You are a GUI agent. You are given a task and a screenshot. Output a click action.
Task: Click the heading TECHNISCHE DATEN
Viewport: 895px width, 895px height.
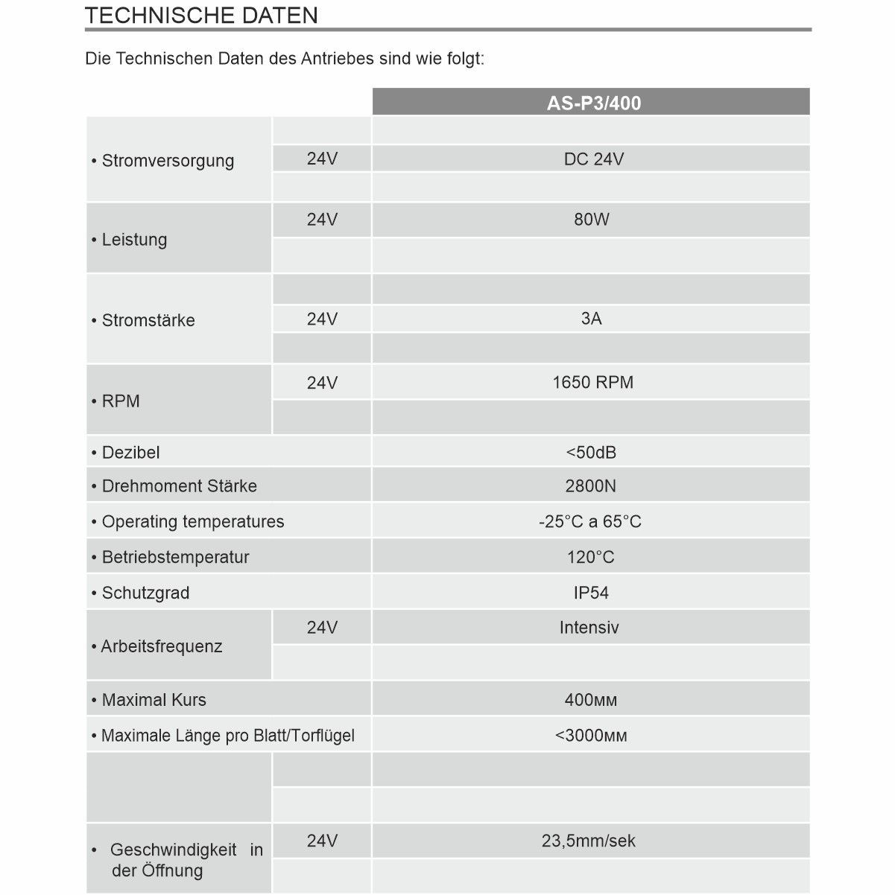click(201, 16)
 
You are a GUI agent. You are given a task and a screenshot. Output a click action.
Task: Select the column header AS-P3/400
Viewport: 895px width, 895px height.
click(593, 103)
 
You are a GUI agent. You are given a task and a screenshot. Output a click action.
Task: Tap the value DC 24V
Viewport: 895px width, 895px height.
click(593, 159)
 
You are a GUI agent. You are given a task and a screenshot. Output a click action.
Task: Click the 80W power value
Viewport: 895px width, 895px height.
click(592, 220)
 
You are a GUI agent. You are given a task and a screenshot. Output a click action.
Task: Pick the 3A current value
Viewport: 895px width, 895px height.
click(591, 319)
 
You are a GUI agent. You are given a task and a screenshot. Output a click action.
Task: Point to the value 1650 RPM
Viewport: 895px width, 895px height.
click(592, 383)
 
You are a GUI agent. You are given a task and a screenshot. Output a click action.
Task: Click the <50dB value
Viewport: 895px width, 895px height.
click(591, 453)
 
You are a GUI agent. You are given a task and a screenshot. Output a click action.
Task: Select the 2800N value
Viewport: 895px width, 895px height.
click(590, 486)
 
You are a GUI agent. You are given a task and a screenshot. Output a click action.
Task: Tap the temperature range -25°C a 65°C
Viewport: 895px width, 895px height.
click(589, 522)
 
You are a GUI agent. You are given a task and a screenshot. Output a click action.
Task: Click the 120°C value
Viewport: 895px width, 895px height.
click(590, 558)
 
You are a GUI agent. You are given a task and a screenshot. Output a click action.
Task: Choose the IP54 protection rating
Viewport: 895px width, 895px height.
click(591, 593)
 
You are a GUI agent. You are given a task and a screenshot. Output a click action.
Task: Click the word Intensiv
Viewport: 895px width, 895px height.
click(589, 628)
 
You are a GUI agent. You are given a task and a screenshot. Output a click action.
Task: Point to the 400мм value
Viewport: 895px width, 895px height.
click(590, 700)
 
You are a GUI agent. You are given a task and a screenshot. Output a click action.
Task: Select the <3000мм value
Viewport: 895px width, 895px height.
click(591, 736)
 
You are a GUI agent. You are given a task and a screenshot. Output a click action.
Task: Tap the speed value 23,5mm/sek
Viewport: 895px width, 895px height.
click(589, 841)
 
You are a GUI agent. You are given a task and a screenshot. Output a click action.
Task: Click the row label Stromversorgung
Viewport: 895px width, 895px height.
click(168, 161)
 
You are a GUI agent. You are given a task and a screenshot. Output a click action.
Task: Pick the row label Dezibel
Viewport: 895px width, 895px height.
click(130, 453)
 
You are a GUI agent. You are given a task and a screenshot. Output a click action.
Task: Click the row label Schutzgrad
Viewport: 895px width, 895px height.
click(145, 593)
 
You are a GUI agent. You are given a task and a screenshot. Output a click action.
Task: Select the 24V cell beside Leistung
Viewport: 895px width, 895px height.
click(322, 220)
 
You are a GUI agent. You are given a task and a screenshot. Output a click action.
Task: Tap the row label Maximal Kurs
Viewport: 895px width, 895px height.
click(154, 700)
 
